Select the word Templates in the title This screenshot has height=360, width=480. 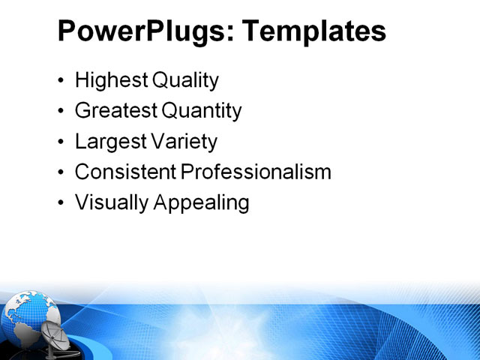click(315, 31)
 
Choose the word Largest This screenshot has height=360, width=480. click(110, 142)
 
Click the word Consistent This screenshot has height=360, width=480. click(125, 172)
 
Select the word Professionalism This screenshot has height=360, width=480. click(256, 172)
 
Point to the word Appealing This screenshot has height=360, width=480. click(200, 202)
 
